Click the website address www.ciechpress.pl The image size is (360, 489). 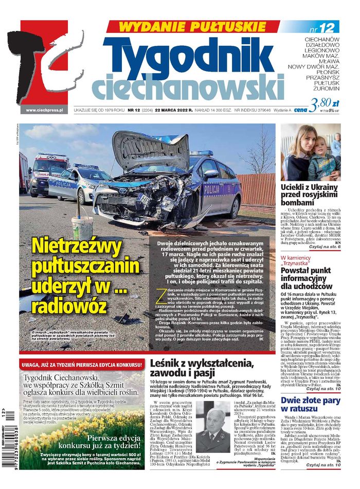point(44,110)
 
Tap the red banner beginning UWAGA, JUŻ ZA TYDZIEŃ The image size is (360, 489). point(81,365)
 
